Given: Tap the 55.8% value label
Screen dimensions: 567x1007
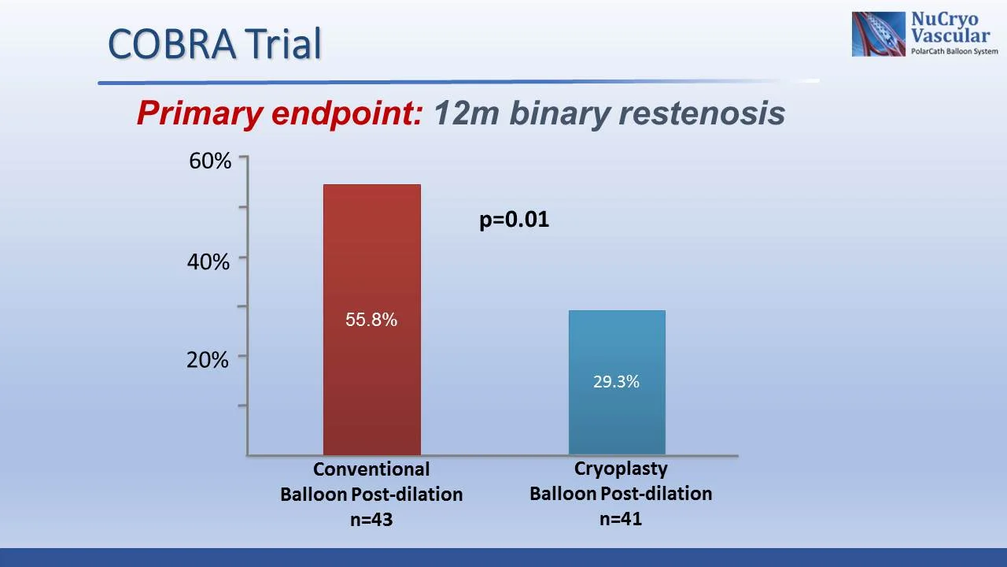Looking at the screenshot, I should (371, 320).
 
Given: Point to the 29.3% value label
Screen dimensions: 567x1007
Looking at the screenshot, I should (616, 382).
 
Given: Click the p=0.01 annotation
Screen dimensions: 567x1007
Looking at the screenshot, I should (514, 220).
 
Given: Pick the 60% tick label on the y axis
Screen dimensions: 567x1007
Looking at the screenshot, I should (210, 161).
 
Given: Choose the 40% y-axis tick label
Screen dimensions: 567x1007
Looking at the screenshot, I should (208, 261).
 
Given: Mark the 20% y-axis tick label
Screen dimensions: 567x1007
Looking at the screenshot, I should (208, 360).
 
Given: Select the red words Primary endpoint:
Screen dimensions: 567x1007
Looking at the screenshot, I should (280, 113).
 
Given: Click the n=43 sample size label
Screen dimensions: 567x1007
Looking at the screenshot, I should (371, 520).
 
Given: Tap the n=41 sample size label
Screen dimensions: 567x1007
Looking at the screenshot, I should (621, 519).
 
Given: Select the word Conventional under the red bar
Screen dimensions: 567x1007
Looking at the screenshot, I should (371, 469).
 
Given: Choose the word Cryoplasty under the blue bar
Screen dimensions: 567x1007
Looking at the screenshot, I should (621, 469).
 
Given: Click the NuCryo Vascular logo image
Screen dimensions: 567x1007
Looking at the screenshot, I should (879, 34).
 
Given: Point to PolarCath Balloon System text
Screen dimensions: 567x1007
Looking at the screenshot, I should (954, 51).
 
